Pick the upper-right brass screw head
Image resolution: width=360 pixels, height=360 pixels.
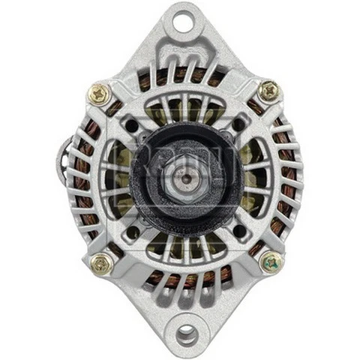pos(270,91)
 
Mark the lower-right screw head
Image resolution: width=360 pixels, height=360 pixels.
pos(271,262)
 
